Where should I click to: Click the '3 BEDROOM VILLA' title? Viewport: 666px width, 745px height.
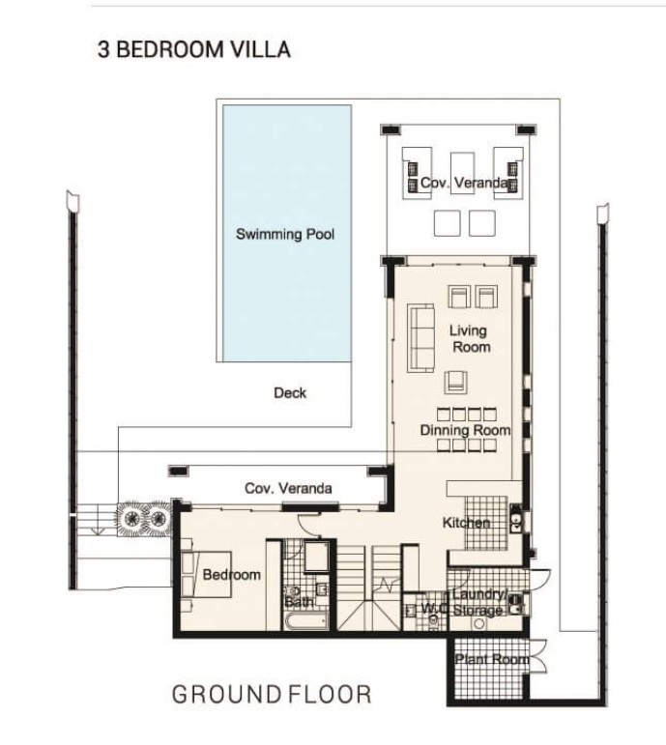(194, 49)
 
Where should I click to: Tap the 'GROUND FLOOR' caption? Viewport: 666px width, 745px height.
(272, 694)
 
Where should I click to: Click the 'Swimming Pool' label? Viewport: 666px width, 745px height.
(285, 234)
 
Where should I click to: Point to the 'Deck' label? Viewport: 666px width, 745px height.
(290, 393)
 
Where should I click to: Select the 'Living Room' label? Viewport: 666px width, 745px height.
(470, 339)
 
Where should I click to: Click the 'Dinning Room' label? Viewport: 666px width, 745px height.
(465, 430)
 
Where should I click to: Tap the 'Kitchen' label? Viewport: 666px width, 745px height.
(466, 523)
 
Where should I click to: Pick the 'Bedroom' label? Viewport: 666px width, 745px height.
(232, 574)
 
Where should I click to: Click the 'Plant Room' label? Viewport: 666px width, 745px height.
(492, 659)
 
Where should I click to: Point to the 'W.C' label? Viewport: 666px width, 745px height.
(434, 608)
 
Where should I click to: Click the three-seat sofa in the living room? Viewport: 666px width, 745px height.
(420, 338)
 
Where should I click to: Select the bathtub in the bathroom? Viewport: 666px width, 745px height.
(306, 620)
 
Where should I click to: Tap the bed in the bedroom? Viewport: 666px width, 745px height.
(206, 574)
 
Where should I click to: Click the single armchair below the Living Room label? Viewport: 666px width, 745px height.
(455, 383)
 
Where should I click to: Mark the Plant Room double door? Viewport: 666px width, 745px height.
(537, 656)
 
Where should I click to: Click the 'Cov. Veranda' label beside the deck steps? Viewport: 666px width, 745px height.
(288, 488)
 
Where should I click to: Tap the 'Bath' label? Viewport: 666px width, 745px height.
(299, 602)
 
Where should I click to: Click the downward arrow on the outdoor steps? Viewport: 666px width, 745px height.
(98, 519)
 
